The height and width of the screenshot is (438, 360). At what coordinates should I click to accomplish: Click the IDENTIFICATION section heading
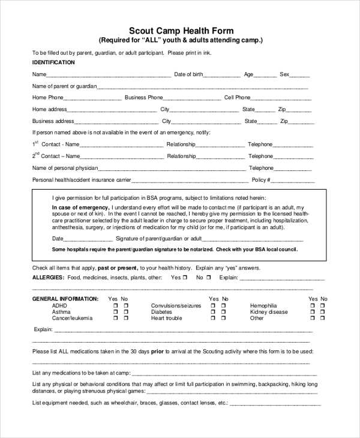click(53, 62)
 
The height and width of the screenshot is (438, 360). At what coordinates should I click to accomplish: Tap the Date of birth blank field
click(222, 76)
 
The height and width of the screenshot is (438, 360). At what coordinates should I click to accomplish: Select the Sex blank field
click(301, 76)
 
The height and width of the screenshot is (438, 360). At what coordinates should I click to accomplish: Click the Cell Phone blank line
click(281, 98)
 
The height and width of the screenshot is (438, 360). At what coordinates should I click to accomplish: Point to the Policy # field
click(294, 181)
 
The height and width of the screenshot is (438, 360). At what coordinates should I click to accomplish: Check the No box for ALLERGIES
click(209, 278)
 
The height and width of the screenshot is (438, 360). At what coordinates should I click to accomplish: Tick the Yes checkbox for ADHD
click(115, 305)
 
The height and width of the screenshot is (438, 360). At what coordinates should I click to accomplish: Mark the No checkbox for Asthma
click(126, 312)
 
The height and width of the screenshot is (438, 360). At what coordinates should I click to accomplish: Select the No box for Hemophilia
click(324, 305)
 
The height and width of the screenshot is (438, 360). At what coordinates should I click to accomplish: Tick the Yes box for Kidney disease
click(313, 312)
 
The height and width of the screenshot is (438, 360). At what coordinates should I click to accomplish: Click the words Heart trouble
click(166, 319)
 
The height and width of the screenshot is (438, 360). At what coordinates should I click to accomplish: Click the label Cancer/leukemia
click(72, 319)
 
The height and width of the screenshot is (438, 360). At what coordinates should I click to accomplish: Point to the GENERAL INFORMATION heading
click(65, 299)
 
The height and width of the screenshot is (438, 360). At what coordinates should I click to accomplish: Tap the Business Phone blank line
click(192, 98)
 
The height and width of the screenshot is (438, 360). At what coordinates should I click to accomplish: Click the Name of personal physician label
click(65, 169)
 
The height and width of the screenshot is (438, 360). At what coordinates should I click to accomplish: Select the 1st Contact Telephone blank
click(294, 145)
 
